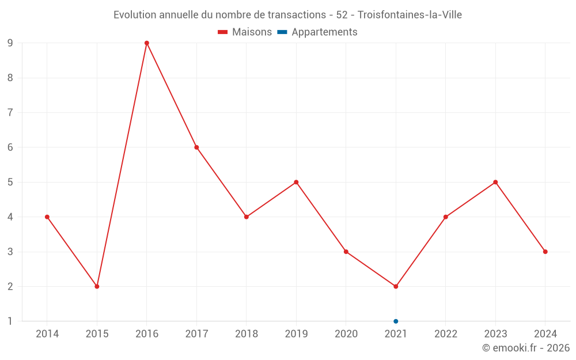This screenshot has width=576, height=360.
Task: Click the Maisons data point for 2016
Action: (x=147, y=43)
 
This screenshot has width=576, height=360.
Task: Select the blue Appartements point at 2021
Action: (x=396, y=321)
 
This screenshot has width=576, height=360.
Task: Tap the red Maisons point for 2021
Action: (x=396, y=286)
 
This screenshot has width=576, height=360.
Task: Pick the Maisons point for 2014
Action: (x=47, y=217)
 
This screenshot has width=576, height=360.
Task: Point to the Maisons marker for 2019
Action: (x=296, y=182)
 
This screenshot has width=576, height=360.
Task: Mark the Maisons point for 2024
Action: (x=545, y=252)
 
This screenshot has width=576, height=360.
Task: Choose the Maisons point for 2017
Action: (x=196, y=147)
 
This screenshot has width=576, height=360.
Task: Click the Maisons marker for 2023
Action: (x=495, y=182)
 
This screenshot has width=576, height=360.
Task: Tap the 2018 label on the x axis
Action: (x=247, y=334)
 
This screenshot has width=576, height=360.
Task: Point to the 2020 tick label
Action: (x=346, y=334)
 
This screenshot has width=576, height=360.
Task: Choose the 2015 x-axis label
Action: (x=97, y=334)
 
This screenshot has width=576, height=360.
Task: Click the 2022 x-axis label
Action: (x=446, y=334)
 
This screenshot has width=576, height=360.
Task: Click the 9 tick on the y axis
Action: (x=10, y=43)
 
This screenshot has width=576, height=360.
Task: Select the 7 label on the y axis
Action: (x=10, y=112)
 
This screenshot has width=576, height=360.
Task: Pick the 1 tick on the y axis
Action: (x=10, y=321)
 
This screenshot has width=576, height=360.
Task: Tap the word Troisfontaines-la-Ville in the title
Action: (x=410, y=14)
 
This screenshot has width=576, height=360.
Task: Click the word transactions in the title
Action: (x=295, y=14)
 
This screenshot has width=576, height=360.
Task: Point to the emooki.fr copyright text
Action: (x=526, y=348)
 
